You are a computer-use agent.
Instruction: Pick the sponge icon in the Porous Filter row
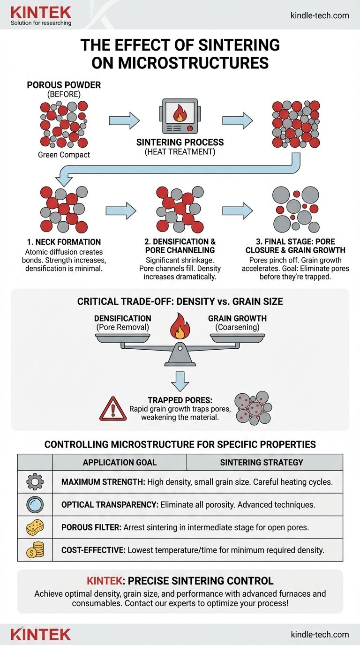35,527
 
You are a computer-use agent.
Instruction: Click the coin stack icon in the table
35,550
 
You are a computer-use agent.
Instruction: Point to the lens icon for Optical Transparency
35,504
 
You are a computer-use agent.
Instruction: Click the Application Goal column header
120,462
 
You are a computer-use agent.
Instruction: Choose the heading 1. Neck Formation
64,242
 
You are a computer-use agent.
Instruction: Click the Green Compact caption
64,155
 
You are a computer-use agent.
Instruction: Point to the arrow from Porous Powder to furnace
124,120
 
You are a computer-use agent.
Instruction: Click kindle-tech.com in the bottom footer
320,634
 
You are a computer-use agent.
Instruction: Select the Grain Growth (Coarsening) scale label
238,322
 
